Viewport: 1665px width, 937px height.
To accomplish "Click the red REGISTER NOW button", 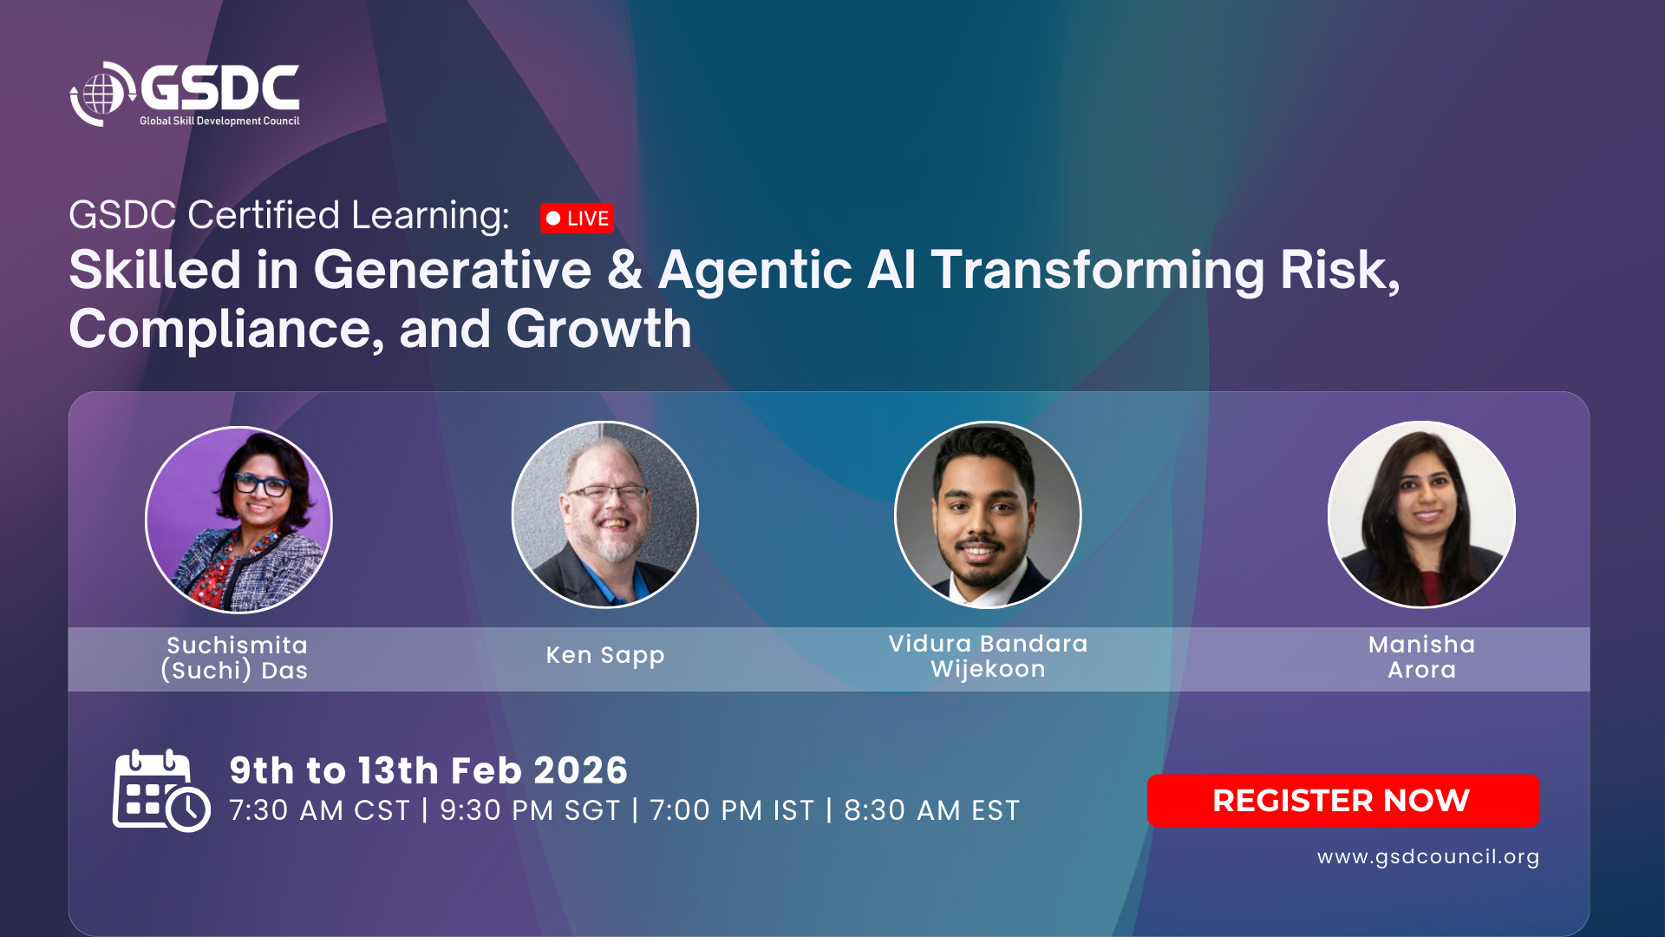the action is (x=1343, y=800).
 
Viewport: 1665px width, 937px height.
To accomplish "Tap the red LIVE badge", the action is (x=577, y=219).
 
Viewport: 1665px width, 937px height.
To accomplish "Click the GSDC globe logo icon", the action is (x=102, y=94).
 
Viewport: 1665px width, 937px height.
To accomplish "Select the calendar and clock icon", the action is (x=161, y=790).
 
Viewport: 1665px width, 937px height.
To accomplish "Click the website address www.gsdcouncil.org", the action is (x=1428, y=856).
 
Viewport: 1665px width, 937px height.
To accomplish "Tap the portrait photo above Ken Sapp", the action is (x=605, y=514).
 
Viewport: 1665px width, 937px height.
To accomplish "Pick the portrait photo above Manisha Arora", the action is (x=1421, y=514).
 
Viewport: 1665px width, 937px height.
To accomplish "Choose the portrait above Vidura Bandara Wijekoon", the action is (x=988, y=514).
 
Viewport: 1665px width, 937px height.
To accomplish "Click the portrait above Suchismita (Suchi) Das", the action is (x=238, y=520).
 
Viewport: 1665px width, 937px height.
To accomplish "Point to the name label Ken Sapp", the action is (x=605, y=655).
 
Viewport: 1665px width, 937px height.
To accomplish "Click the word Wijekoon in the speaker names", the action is (x=988, y=669).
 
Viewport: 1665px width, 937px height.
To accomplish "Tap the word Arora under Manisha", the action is (x=1421, y=670).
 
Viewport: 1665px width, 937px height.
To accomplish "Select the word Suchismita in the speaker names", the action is (x=237, y=645).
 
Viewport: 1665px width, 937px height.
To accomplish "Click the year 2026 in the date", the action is (x=580, y=770).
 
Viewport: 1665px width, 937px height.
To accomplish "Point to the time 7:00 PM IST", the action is (x=732, y=810).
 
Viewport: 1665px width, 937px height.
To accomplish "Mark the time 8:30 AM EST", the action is (x=931, y=810).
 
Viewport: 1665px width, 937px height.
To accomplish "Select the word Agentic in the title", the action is (x=755, y=270).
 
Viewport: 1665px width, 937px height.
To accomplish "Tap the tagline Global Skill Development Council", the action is (x=219, y=121).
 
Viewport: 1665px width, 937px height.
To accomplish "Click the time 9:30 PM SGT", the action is (x=530, y=810).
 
